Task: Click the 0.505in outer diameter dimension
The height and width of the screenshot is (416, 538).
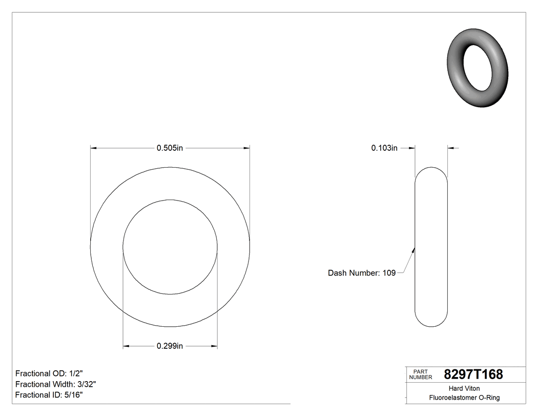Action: click(x=170, y=148)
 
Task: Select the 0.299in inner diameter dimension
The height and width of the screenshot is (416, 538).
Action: click(x=170, y=346)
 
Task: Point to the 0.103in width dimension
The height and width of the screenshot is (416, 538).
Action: click(x=384, y=148)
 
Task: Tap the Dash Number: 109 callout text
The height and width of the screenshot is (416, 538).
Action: click(x=362, y=273)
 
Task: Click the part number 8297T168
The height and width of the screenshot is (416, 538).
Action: click(x=473, y=374)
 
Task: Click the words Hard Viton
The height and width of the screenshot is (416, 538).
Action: click(x=464, y=388)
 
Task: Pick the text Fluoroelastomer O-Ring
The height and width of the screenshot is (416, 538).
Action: click(x=464, y=398)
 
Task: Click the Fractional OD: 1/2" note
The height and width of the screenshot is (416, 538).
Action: click(x=49, y=373)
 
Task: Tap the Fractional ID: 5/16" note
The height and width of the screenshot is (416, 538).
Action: click(x=49, y=395)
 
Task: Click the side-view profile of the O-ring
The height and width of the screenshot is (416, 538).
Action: click(x=431, y=247)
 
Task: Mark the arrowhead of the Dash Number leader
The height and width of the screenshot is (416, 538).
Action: click(x=413, y=250)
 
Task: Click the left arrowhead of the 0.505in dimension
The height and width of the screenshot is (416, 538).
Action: click(x=94, y=148)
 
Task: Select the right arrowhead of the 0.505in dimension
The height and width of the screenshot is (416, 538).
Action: click(x=246, y=148)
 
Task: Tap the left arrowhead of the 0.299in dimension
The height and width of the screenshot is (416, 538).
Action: click(x=126, y=346)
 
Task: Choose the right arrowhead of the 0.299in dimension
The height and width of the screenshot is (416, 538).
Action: click(x=214, y=346)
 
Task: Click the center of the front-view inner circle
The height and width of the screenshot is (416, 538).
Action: click(x=170, y=247)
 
